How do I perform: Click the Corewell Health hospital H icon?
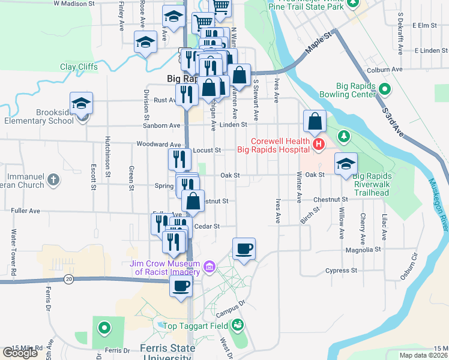click(x=318, y=145)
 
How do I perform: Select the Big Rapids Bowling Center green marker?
click(x=385, y=91)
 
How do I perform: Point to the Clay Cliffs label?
click(x=79, y=67)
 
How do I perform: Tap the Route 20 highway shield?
click(x=69, y=279)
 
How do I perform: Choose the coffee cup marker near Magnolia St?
click(x=244, y=249)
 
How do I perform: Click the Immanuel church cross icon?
click(x=53, y=179)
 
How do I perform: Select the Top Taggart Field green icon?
click(x=238, y=325)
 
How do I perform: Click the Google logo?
click(x=20, y=353)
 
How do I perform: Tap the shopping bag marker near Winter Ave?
click(x=315, y=122)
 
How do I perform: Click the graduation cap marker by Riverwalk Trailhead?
click(x=346, y=164)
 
